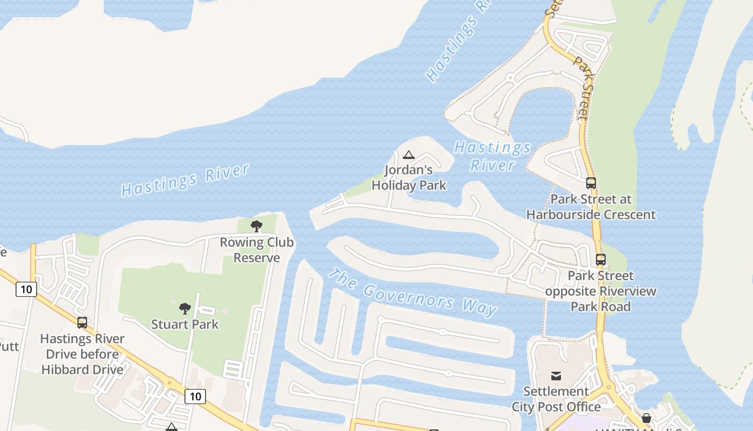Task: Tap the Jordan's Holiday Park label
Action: (409, 178)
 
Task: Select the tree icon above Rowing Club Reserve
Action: (257, 226)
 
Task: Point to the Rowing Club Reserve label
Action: (257, 250)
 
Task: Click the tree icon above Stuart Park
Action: (185, 309)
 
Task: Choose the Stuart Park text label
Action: (185, 324)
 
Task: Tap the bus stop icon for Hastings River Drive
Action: (82, 323)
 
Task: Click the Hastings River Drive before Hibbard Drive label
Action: (83, 354)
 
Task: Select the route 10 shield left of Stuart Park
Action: (26, 289)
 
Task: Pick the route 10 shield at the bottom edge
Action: (195, 397)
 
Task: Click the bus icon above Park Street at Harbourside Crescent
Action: (591, 183)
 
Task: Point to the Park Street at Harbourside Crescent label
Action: (591, 207)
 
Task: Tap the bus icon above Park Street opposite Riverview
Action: (601, 260)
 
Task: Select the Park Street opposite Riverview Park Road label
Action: (601, 291)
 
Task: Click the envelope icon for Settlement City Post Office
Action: (556, 376)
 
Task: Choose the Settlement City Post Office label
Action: (556, 399)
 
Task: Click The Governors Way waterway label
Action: (412, 292)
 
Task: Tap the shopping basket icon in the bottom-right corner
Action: (647, 418)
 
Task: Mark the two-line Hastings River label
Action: (493, 156)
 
